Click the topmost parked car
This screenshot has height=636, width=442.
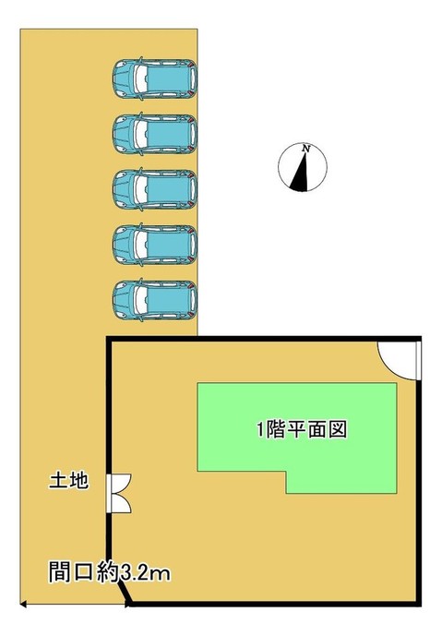(155, 78)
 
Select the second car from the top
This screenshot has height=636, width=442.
(155, 134)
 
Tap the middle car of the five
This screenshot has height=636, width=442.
(155, 189)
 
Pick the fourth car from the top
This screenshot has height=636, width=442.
(155, 245)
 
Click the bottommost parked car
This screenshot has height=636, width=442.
(155, 300)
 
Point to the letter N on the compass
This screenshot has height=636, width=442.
(306, 149)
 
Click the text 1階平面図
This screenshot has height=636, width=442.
(302, 429)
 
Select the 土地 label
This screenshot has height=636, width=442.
(68, 481)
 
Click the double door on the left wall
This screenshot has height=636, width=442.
(119, 493)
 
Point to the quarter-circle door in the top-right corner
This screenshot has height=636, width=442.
(400, 360)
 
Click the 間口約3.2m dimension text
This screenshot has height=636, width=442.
(110, 572)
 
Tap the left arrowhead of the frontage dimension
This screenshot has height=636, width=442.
(23, 605)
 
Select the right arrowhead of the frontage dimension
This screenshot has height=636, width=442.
(127, 605)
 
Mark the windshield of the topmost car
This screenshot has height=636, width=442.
(140, 78)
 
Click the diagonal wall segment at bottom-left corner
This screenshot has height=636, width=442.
(125, 594)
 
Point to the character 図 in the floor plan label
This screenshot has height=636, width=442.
(338, 429)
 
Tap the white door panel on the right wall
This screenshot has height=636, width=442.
(419, 360)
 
